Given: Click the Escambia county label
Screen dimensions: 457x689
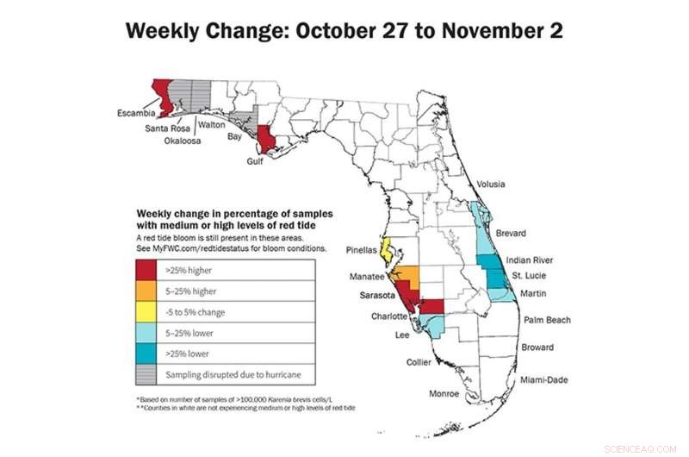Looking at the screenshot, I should coord(136,113).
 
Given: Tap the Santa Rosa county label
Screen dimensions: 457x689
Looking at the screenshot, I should coord(168,128).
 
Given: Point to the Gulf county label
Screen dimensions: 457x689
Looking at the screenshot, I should coord(254,160).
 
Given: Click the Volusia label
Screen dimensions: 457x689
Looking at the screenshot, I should coord(491,185).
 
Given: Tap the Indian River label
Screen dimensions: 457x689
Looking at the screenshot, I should coord(530,260).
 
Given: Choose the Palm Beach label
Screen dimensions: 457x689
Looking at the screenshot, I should coord(547,320).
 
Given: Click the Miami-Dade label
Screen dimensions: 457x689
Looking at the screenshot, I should coord(543,379).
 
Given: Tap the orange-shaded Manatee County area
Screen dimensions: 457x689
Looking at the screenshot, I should coord(410,277).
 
